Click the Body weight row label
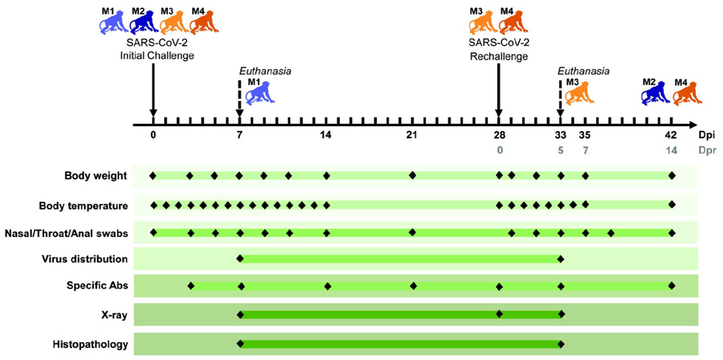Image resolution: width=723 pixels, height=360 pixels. [94, 175]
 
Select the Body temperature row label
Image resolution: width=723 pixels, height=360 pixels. [80, 204]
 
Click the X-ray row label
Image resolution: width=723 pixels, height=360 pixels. [112, 316]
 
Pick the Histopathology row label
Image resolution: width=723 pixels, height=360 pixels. [92, 345]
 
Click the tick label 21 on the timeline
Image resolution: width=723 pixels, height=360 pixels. [412, 134]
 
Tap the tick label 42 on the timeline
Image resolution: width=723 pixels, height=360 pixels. [671, 134]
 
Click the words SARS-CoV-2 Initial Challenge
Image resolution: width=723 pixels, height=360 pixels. [153, 49]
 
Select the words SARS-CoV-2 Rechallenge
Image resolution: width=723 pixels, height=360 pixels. [499, 49]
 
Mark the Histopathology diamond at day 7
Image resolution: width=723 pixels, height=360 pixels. [239, 345]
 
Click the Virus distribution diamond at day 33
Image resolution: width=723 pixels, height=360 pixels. [560, 259]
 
